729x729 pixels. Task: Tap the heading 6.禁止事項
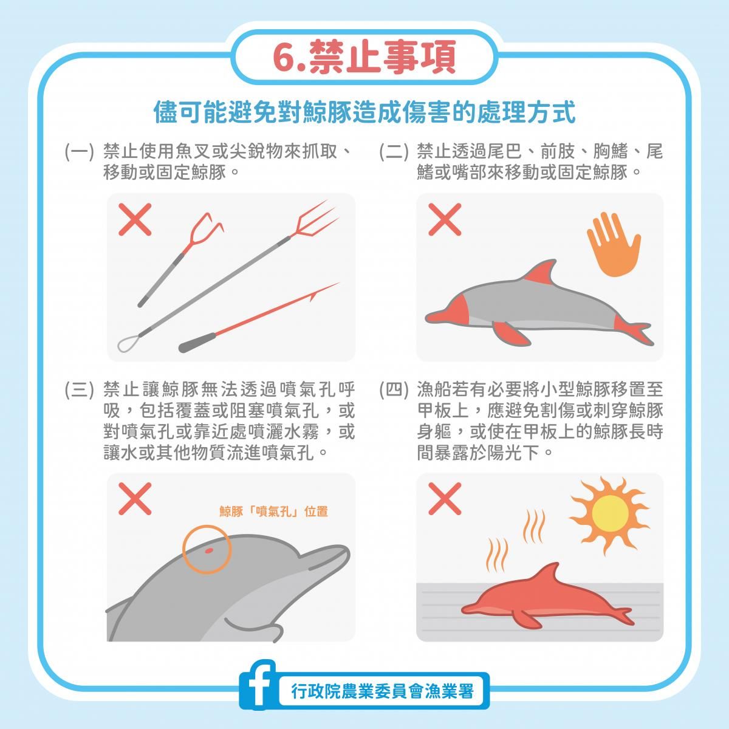tap(364, 56)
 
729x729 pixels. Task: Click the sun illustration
tap(610, 514)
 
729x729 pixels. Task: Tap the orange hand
tap(614, 243)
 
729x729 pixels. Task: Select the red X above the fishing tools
tap(135, 219)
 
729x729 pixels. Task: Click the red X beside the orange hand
tap(445, 219)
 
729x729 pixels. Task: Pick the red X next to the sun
tap(445, 499)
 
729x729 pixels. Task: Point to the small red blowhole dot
tap(208, 550)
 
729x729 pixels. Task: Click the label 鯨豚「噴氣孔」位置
tap(273, 512)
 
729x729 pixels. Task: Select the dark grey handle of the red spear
tap(197, 342)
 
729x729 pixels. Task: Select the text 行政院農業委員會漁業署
tap(383, 691)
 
